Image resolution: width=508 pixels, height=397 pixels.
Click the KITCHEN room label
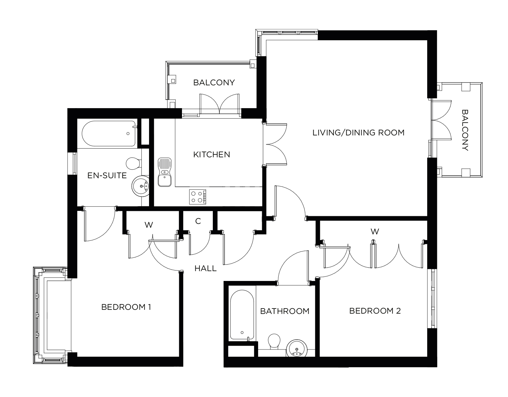tap(212, 155)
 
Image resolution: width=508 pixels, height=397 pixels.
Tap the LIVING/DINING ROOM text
tap(358, 133)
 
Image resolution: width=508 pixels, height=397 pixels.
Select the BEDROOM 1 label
tap(126, 307)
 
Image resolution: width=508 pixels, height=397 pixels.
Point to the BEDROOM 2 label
tap(375, 311)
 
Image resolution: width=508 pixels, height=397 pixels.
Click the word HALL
tap(205, 269)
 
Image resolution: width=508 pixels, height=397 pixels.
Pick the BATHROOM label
tap(284, 311)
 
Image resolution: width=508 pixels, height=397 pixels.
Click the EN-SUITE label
tap(107, 175)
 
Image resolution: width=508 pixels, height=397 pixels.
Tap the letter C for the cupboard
tap(198, 221)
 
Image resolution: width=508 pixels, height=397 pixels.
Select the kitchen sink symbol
tap(164, 172)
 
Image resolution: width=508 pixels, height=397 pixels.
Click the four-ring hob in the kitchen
tap(198, 197)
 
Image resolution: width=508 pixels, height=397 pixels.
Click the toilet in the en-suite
tap(133, 163)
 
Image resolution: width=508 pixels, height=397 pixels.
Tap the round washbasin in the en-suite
tap(140, 186)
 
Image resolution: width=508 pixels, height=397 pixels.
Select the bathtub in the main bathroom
tap(242, 316)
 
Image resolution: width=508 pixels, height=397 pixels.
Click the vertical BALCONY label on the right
tap(465, 130)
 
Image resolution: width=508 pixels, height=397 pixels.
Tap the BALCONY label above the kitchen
tap(214, 83)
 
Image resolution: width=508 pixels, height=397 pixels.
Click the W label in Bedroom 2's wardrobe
tap(375, 232)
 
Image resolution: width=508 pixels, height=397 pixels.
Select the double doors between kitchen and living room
tap(276, 144)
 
